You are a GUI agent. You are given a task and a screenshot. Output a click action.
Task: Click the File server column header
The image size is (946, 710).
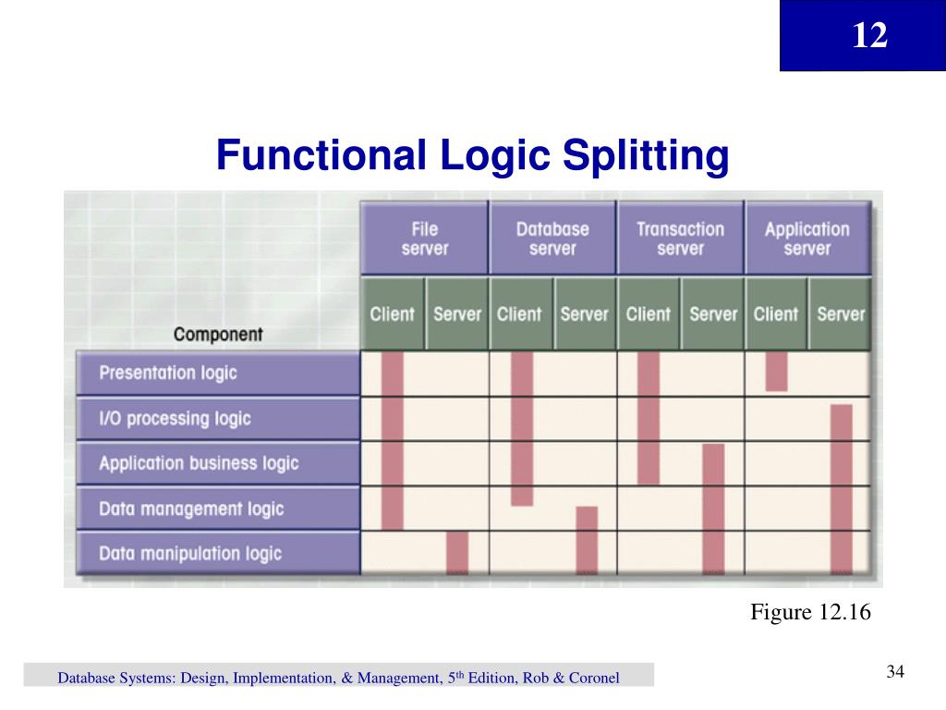click(x=424, y=239)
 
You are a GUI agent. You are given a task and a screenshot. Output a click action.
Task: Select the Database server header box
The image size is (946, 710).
click(x=552, y=239)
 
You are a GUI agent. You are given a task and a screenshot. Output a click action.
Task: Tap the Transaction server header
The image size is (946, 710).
click(x=680, y=239)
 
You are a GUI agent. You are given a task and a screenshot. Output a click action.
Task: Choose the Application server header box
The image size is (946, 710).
click(x=807, y=239)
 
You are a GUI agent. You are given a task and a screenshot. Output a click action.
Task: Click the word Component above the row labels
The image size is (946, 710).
click(x=218, y=335)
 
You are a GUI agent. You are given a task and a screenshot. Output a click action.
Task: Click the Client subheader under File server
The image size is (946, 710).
click(x=393, y=313)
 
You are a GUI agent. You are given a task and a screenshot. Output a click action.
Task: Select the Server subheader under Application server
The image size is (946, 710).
click(x=841, y=313)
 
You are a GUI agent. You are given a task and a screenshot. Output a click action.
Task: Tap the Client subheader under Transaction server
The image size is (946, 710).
click(x=649, y=313)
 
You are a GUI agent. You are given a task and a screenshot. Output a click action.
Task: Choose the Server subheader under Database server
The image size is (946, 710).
click(x=585, y=313)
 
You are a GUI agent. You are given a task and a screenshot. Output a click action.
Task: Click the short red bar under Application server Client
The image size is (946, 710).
click(x=777, y=371)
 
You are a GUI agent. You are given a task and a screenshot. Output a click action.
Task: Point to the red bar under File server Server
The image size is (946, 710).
click(x=457, y=552)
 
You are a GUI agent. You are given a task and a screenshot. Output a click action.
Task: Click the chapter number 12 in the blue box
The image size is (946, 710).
click(x=869, y=36)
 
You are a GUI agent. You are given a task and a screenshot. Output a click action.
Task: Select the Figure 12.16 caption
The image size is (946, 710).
click(x=810, y=613)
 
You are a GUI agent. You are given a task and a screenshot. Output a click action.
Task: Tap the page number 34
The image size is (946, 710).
click(x=894, y=672)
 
